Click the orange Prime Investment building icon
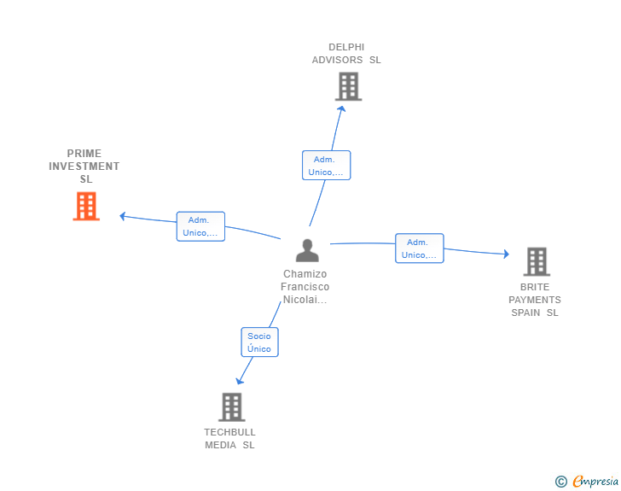coord(86,207)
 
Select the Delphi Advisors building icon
coord(349,86)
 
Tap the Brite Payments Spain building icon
coord(537,262)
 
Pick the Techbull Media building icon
coord(232,407)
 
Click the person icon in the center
coord(307,250)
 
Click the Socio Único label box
coord(260,342)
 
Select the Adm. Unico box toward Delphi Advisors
coord(327,166)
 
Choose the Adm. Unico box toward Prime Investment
coord(200,226)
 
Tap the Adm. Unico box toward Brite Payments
coord(420,248)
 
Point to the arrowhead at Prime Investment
coord(123,216)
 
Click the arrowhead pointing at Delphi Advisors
coord(341,108)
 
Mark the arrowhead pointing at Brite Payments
coord(506,254)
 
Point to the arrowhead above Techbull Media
coord(239,381)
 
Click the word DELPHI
coord(346,47)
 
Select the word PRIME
coord(84,154)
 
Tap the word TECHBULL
coord(229,432)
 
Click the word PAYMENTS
coord(535,300)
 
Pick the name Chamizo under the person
coord(305,274)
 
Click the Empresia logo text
coord(595,482)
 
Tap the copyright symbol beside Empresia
coord(561,482)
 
